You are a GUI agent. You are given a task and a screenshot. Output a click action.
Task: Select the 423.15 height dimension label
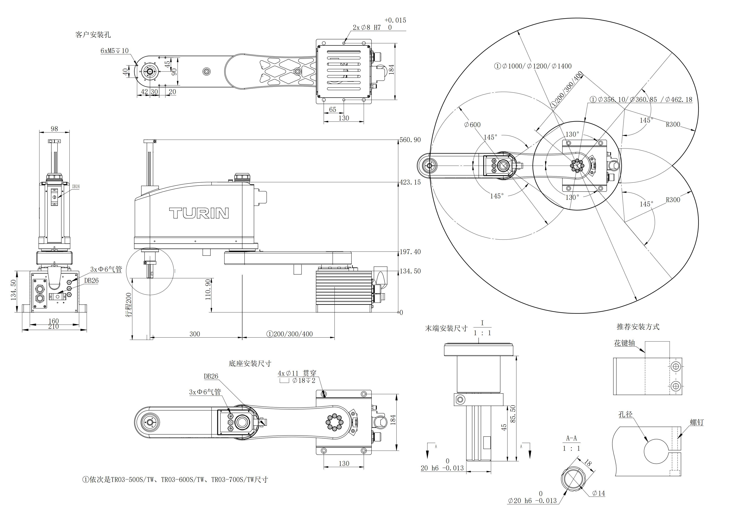tap(410, 182)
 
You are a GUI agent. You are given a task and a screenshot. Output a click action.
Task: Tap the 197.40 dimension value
tap(410, 252)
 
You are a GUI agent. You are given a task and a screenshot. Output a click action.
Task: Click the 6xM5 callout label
tap(114, 51)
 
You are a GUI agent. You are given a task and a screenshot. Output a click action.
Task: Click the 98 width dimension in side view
tap(55, 129)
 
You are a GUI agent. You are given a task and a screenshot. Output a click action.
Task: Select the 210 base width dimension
tap(54, 327)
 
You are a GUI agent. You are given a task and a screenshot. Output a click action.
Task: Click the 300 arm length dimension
tap(195, 334)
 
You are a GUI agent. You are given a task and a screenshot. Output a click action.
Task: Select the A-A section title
tap(571, 438)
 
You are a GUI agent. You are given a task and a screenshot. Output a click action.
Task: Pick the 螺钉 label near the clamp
tap(697, 422)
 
